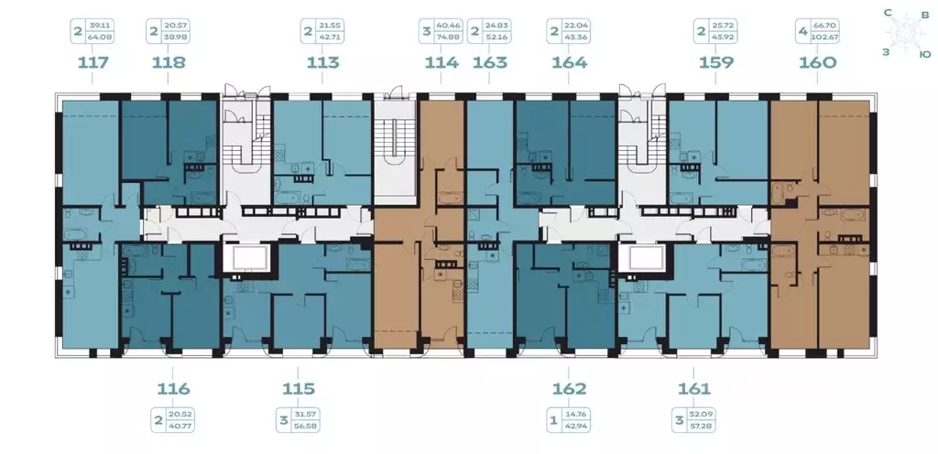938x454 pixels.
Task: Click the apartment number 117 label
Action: [x=93, y=63]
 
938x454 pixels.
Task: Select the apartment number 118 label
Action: [x=169, y=63]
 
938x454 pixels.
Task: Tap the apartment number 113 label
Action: [x=323, y=63]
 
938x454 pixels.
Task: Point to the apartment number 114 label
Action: [x=442, y=63]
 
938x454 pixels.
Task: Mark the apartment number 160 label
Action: [x=817, y=63]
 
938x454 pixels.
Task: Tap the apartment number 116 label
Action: [x=169, y=389]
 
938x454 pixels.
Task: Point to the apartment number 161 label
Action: [x=694, y=389]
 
